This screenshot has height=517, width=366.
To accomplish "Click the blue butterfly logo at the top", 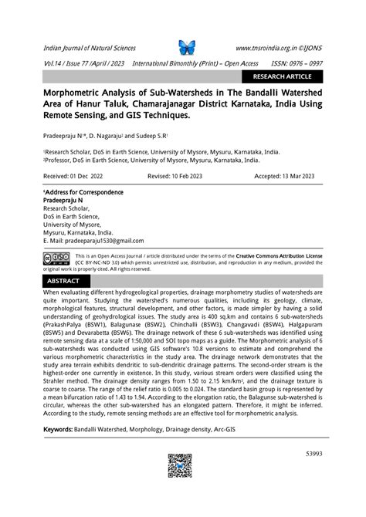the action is click(188, 47).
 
